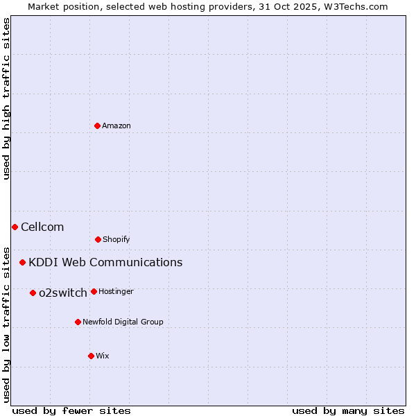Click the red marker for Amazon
(97, 125)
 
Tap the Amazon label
(116, 126)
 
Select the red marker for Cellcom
(15, 227)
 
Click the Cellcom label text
(42, 227)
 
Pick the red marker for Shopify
(98, 239)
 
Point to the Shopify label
(116, 240)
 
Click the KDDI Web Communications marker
(23, 262)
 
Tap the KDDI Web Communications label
(105, 263)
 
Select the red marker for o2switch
(33, 293)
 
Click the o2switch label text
(63, 293)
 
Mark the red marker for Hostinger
(94, 291)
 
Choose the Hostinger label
(116, 292)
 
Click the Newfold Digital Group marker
(78, 322)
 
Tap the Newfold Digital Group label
(123, 322)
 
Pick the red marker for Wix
(91, 356)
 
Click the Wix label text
(103, 356)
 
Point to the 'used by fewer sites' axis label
(71, 410)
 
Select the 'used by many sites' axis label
(348, 410)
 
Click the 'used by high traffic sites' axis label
(6, 98)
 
